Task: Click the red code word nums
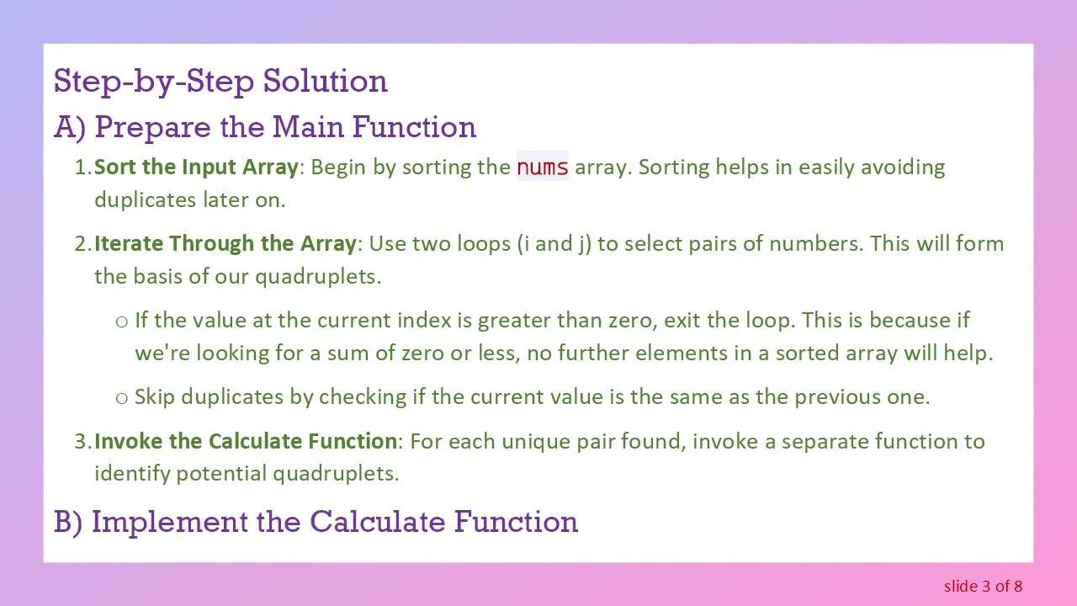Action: (543, 167)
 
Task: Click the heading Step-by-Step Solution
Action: (220, 82)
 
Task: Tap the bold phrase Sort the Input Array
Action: (196, 167)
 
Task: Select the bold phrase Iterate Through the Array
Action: (225, 244)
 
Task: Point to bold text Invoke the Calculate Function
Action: (246, 441)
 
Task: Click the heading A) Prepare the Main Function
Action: (265, 127)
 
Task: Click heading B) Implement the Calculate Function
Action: (316, 522)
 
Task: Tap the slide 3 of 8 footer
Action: (983, 587)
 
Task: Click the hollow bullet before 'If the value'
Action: (122, 322)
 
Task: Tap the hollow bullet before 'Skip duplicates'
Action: (122, 398)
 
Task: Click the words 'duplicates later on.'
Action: (190, 200)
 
